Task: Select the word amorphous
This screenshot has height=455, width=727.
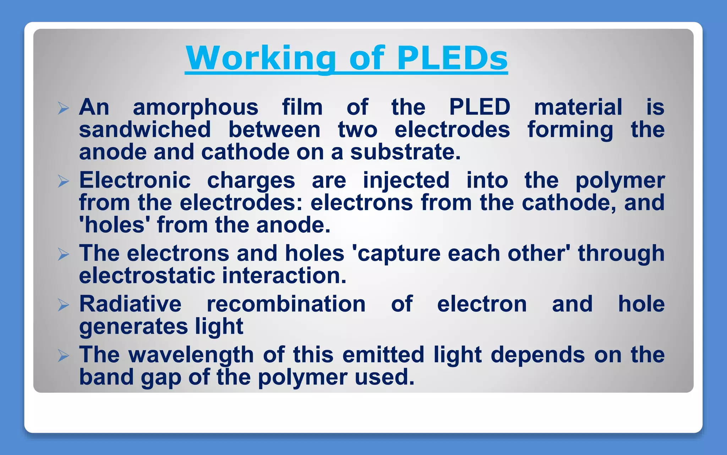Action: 196,107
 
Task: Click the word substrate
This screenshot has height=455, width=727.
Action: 405,152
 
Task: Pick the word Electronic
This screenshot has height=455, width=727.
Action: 135,180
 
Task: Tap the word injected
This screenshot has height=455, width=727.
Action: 406,181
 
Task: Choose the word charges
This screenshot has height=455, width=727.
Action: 251,181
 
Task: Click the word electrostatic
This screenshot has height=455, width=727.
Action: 147,276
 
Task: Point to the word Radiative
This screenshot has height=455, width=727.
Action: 130,304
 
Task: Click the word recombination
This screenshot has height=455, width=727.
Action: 286,304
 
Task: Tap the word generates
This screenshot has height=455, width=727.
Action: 133,327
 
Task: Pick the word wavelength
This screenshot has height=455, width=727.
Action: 191,355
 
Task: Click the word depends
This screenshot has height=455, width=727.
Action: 537,355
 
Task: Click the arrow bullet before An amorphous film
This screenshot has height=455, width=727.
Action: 63,108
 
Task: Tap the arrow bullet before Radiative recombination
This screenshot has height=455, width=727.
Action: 63,305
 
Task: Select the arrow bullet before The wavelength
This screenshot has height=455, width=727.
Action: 63,355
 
